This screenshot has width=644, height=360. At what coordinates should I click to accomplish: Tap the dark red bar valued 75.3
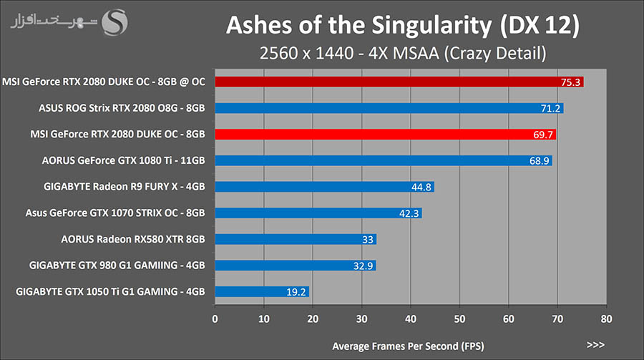pyautogui.click(x=399, y=82)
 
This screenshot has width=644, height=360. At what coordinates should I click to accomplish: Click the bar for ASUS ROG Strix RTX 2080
pyautogui.click(x=389, y=108)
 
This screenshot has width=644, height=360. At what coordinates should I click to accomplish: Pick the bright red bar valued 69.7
pyautogui.click(x=385, y=134)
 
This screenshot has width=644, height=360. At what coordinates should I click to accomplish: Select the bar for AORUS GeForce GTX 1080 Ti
pyautogui.click(x=383, y=160)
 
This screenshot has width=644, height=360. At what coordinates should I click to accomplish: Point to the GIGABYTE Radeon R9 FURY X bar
pyautogui.click(x=324, y=187)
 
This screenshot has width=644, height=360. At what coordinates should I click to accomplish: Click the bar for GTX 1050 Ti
pyautogui.click(x=262, y=291)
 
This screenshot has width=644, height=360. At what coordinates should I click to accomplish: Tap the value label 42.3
pyautogui.click(x=409, y=213)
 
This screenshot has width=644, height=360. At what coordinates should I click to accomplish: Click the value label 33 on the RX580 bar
pyautogui.click(x=367, y=240)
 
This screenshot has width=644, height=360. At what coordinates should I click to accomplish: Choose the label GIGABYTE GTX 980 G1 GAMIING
pyautogui.click(x=117, y=266)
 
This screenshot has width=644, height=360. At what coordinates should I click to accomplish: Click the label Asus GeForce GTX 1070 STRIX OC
pyautogui.click(x=115, y=213)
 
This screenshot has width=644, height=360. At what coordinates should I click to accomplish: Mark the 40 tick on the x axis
pyautogui.click(x=410, y=318)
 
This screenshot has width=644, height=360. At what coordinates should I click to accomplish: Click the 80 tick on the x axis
pyautogui.click(x=605, y=318)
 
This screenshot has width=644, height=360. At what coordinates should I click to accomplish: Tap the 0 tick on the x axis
pyautogui.click(x=215, y=318)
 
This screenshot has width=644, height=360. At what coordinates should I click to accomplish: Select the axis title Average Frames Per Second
pyautogui.click(x=407, y=346)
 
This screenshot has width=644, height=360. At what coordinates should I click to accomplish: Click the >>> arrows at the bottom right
pyautogui.click(x=595, y=345)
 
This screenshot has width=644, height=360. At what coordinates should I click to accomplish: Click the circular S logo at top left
pyautogui.click(x=115, y=21)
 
